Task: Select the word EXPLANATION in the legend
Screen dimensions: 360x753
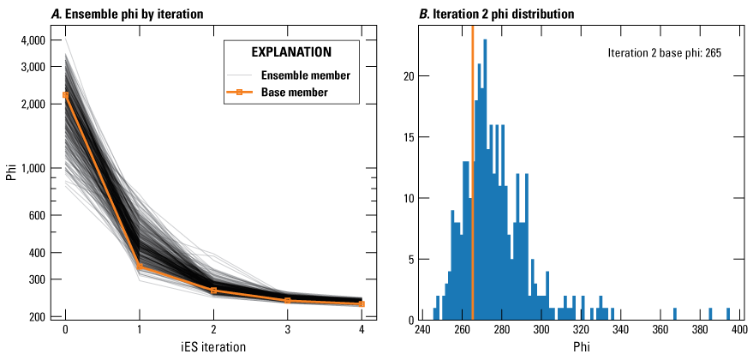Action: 291,51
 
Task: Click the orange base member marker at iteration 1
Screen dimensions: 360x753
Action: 140,267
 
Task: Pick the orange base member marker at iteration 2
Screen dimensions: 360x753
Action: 213,291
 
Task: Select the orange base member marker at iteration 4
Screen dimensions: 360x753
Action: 362,303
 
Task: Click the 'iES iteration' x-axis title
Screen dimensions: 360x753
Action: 213,348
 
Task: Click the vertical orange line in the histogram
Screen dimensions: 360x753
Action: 472,171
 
